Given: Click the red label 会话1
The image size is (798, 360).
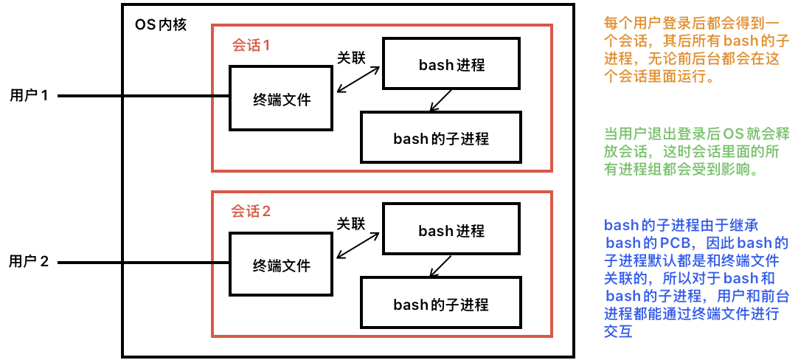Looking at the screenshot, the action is pyautogui.click(x=251, y=45).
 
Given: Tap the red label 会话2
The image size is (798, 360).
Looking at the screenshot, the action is pyautogui.click(x=251, y=212).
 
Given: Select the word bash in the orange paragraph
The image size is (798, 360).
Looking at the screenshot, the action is pyautogui.click(x=740, y=41).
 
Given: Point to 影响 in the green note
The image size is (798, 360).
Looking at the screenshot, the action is pyautogui.click(x=740, y=170).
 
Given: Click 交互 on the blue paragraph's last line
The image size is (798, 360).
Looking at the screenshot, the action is pyautogui.click(x=619, y=331).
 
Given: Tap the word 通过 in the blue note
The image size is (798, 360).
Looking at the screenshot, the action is pyautogui.click(x=674, y=314).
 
